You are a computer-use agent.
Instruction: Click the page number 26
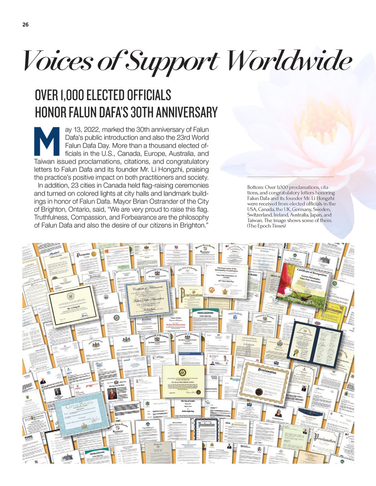click(x=25, y=24)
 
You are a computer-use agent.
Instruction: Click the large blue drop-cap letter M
click(x=47, y=141)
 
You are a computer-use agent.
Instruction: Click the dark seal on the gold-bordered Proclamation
click(x=259, y=391)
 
